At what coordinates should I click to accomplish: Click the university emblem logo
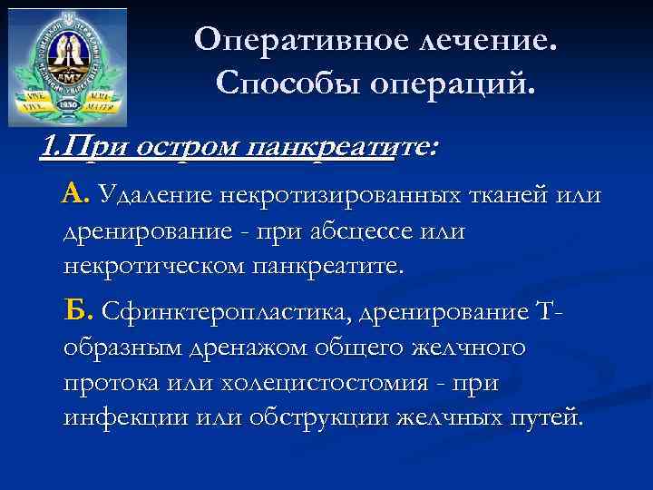coord(67,66)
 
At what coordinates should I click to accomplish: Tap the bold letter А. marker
coord(75,193)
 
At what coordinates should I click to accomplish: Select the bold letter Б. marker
coord(79,312)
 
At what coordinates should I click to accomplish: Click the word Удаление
coord(155,194)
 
